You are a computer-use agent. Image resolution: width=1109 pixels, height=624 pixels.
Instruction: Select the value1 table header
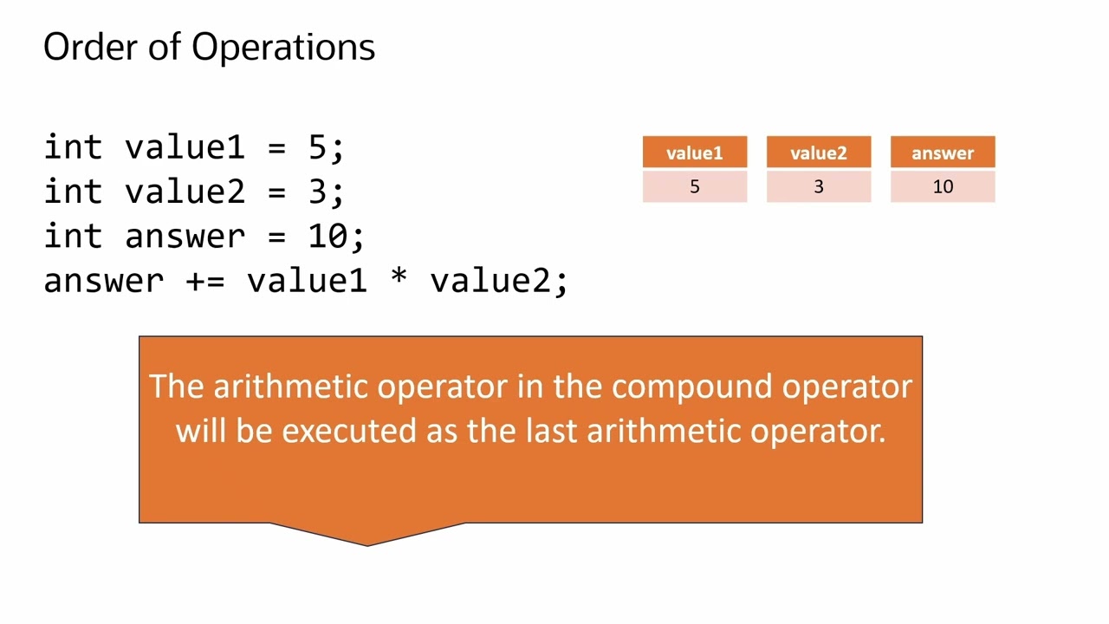[x=694, y=153]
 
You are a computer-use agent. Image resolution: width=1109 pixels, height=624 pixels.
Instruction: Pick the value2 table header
[x=818, y=153]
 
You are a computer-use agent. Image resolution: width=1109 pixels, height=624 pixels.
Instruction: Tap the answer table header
[x=943, y=153]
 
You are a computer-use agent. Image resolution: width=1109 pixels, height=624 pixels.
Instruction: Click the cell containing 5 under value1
[x=694, y=186]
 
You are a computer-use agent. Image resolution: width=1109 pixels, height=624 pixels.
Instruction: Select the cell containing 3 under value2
[x=818, y=186]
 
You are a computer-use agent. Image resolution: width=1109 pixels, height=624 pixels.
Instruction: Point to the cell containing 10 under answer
[x=943, y=186]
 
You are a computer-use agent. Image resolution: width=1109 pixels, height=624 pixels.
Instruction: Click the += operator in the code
[x=205, y=281]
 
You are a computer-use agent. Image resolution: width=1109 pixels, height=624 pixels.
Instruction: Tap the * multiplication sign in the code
[x=399, y=279]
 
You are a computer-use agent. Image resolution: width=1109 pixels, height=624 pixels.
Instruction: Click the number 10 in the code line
[x=328, y=236]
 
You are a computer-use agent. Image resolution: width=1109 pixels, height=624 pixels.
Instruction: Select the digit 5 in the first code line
[x=317, y=147]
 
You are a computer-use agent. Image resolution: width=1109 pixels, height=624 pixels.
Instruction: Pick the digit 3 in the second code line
[x=317, y=192]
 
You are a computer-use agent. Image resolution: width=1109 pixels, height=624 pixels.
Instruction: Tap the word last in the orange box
[x=553, y=430]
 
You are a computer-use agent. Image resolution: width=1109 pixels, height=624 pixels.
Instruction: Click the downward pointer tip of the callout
[x=367, y=544]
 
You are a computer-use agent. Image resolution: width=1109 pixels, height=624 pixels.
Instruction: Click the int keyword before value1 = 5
[x=74, y=147]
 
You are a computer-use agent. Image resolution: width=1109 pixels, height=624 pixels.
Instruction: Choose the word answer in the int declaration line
[x=185, y=236]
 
